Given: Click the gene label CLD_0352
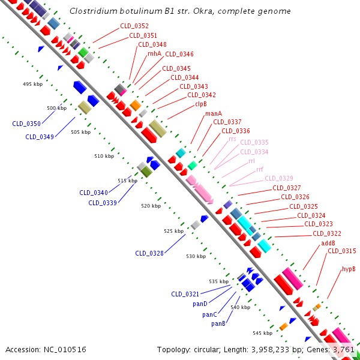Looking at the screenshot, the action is click(134, 26).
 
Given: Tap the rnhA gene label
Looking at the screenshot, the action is click(155, 53).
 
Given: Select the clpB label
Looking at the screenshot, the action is click(201, 104).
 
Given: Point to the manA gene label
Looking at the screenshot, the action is click(214, 113).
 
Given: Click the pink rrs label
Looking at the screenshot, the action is click(232, 139).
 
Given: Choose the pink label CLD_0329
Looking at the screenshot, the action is click(279, 178).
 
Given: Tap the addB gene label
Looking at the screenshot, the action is click(328, 243).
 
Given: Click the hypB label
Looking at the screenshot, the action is click(349, 269).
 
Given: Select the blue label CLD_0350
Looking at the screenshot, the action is click(26, 124).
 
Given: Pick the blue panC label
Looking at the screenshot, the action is click(209, 314).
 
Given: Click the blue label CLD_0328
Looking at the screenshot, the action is click(149, 253).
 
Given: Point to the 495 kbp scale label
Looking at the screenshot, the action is click(32, 84).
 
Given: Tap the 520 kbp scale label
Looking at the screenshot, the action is click(151, 206).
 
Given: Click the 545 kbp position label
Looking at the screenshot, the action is click(263, 333).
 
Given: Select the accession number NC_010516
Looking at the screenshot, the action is click(65, 350).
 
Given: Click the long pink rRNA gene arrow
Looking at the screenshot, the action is click(203, 191).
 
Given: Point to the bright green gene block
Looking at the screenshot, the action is click(83, 52).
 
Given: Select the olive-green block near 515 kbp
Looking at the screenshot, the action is click(146, 172).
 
